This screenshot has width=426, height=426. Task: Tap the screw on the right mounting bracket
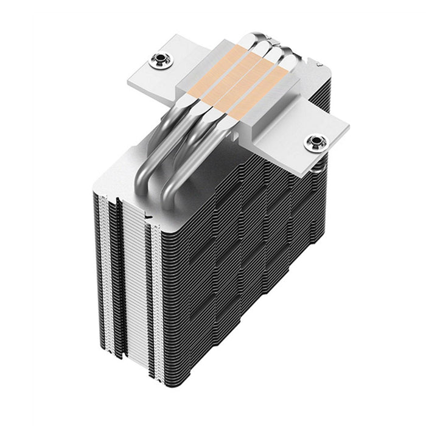coord(315,143)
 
